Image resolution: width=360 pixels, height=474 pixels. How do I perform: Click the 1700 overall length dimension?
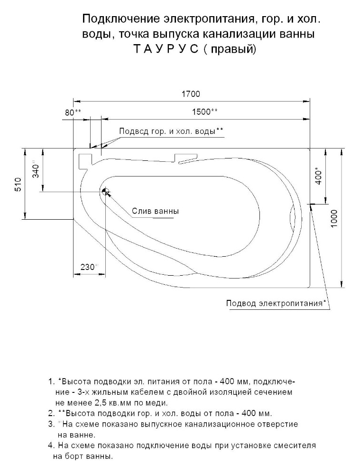[x=191, y=94]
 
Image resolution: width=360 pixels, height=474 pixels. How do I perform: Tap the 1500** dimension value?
[x=204, y=112]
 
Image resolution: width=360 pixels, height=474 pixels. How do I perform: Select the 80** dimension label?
[x=73, y=112]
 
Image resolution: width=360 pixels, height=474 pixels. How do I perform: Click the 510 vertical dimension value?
[x=18, y=185]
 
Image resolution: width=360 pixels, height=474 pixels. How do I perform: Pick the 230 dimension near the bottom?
[x=89, y=267]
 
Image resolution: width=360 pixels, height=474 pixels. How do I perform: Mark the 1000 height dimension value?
[x=334, y=218]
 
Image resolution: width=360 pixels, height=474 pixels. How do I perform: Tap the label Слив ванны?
[x=155, y=211]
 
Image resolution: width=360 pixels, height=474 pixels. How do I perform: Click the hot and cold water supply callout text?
[x=171, y=131]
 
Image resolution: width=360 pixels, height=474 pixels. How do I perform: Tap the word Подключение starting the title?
[x=121, y=20]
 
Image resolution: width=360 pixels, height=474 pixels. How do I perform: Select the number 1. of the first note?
[x=51, y=381]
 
